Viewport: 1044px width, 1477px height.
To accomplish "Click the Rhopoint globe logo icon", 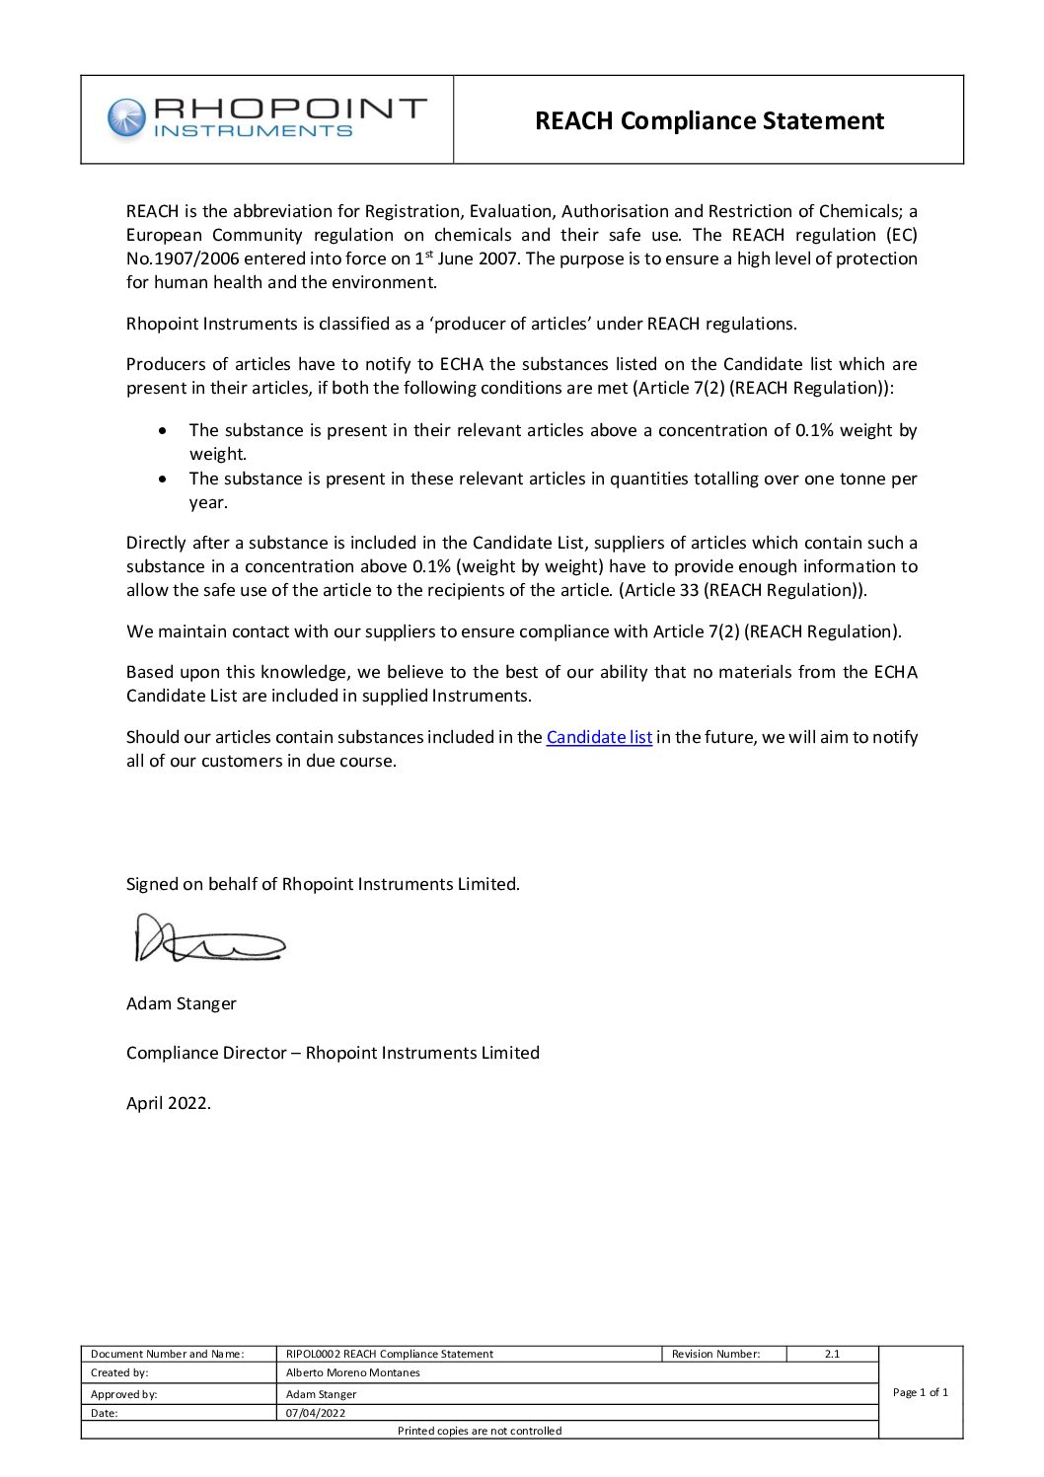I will coord(125,117).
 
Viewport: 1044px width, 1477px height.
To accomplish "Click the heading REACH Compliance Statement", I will coord(708,120).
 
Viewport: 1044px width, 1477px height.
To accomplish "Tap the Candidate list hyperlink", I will coord(599,737).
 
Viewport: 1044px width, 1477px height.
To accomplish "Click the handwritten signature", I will coord(209,939).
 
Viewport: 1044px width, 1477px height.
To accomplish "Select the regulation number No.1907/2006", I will coord(183,258).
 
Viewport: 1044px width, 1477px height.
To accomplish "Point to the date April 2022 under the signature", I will coord(168,1103).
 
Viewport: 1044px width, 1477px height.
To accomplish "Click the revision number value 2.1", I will coord(832,1354).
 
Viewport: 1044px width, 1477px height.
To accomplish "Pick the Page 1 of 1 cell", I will coord(920,1392).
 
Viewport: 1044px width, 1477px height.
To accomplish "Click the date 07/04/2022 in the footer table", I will coord(316,1413).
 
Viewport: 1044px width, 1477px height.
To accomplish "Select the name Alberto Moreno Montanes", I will coord(352,1372).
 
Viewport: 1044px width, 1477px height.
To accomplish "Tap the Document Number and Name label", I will coord(167,1354).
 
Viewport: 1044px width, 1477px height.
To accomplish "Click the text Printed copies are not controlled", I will coord(480,1431).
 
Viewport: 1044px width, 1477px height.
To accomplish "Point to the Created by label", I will coord(119,1372).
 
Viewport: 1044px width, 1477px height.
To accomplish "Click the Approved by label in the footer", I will coord(123,1394).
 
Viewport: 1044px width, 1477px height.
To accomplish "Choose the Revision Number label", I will coord(715,1354).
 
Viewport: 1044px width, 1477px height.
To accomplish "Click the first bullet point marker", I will coord(163,430).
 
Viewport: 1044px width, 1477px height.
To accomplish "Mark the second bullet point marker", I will coord(163,479).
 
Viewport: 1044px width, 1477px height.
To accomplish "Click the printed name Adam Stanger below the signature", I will coord(182,1003).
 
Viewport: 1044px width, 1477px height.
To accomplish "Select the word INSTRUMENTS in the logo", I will coord(254,131).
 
